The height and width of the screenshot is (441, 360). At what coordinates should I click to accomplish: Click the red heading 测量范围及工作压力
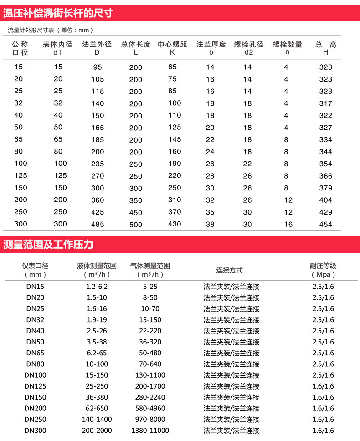click(x=48, y=245)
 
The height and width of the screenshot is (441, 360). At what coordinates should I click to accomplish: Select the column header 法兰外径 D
click(x=97, y=48)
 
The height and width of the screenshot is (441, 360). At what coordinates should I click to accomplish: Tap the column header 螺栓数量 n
click(x=287, y=48)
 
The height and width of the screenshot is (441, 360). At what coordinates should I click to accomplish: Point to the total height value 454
click(x=326, y=224)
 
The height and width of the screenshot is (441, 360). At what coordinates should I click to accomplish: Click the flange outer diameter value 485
click(x=97, y=224)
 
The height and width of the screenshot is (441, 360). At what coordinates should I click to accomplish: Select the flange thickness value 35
click(x=210, y=212)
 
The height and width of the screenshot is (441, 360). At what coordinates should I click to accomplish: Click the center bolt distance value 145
click(x=175, y=139)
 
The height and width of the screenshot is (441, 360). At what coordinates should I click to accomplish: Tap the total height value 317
click(x=326, y=103)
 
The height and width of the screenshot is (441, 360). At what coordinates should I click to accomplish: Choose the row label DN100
click(x=35, y=375)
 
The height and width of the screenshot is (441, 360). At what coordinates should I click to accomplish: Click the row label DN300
click(x=35, y=431)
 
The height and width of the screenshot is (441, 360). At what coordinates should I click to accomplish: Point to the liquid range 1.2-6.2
click(x=97, y=287)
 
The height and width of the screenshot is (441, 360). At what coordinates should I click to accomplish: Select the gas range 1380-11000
click(x=150, y=431)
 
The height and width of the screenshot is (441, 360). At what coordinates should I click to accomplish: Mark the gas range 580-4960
click(x=150, y=408)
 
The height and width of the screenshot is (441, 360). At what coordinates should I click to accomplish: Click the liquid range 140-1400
click(x=97, y=419)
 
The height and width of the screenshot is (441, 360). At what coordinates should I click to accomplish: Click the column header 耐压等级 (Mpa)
click(x=323, y=270)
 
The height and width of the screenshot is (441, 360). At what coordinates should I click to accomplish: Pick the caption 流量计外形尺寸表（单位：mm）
click(x=51, y=30)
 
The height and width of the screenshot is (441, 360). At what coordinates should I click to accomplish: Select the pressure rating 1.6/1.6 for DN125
click(x=323, y=386)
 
